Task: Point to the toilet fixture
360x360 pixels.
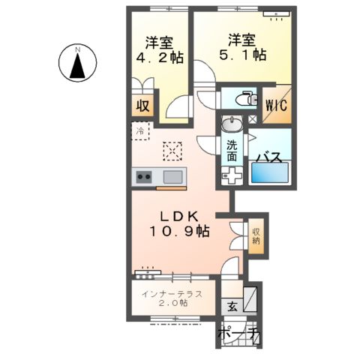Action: coord(241,99)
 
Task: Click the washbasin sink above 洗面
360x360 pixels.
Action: coord(232,124)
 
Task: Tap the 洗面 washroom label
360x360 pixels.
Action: coord(232,151)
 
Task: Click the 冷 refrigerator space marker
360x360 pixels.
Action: coord(141,131)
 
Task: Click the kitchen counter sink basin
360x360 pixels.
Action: coord(172,178)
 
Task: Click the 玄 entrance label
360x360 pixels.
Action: coord(232,305)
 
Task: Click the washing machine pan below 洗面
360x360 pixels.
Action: coord(232,177)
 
